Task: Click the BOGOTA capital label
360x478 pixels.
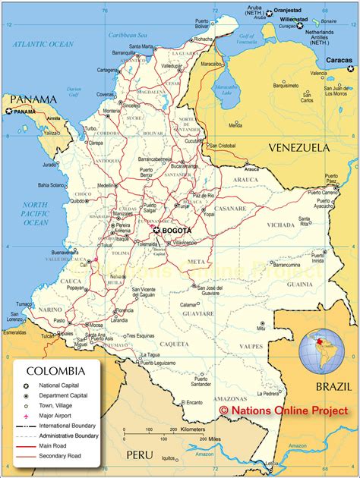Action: pos(177,230)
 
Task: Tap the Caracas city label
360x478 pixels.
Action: pos(339,60)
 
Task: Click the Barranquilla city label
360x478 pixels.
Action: pos(125,52)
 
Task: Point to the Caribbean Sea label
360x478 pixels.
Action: pos(126,35)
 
